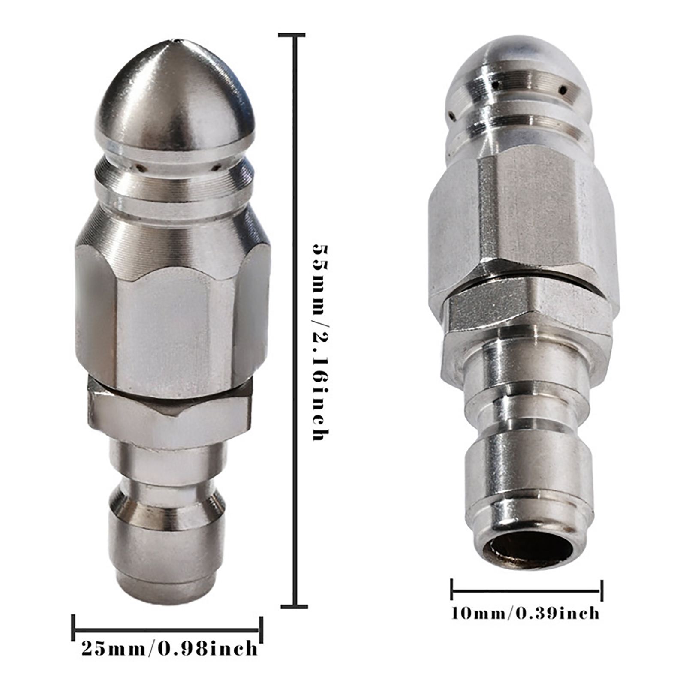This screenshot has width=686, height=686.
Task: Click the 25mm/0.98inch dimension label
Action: coord(169,648)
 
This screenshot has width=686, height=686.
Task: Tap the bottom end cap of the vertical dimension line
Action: coord(294,606)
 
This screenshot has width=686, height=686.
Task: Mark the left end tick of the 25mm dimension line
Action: coord(73,629)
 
